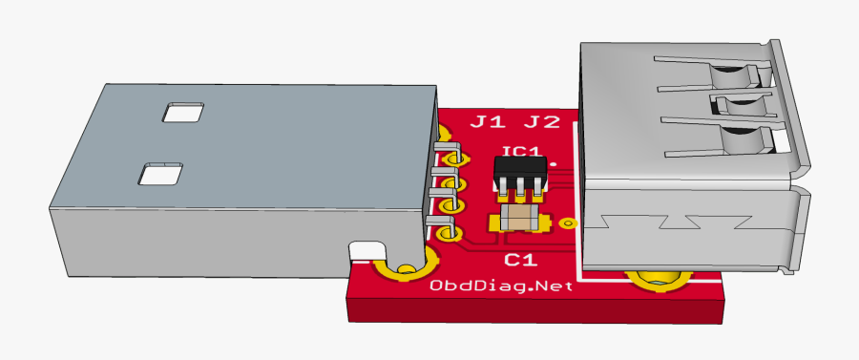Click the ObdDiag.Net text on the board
pos(501,286)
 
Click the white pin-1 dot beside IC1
pos(554,163)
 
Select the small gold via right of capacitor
pos(569,223)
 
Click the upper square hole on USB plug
pos(183,112)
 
